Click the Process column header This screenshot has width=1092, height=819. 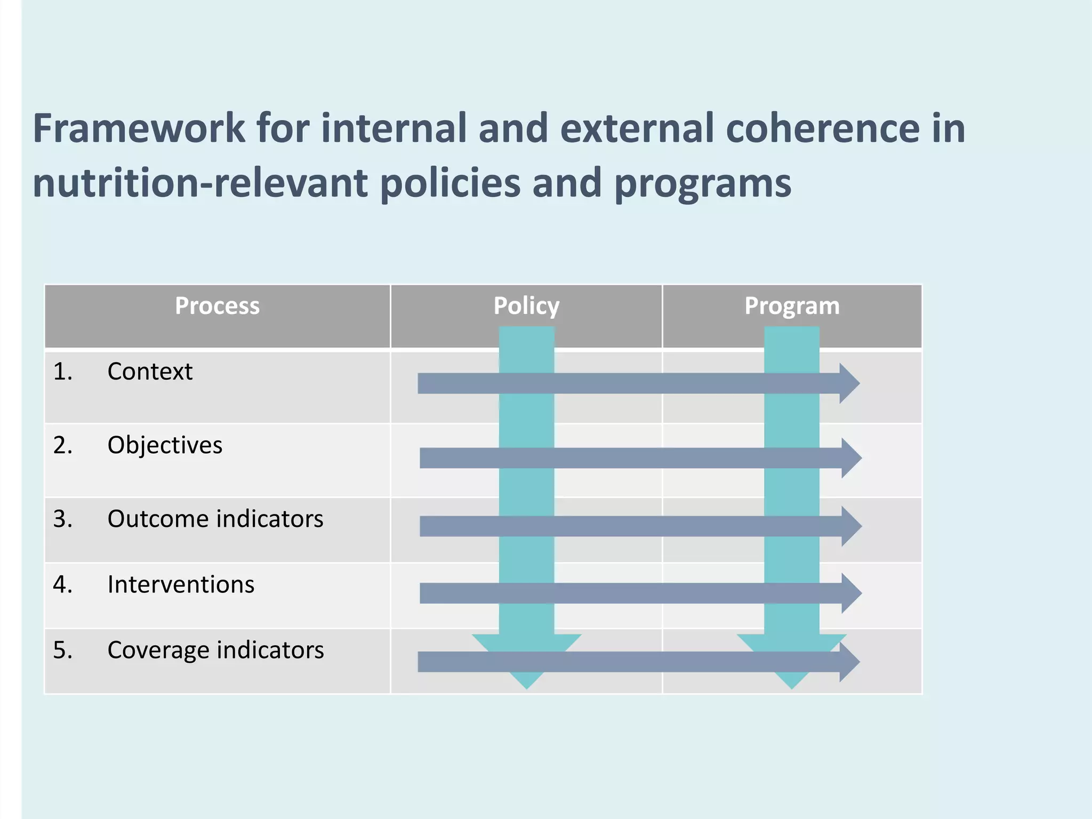tap(217, 306)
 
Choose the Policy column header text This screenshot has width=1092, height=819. tap(526, 306)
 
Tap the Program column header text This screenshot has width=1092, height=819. tap(792, 306)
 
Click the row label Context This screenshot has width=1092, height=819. tap(150, 372)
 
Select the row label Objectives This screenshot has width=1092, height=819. tap(165, 445)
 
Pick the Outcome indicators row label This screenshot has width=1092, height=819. tap(215, 519)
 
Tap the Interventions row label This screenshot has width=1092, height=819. tap(181, 584)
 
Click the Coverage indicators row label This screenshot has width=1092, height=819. tap(215, 650)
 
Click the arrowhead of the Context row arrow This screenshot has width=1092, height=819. tap(849, 383)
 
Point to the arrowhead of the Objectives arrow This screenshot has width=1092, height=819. tap(852, 458)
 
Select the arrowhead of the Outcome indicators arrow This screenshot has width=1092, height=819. tap(852, 526)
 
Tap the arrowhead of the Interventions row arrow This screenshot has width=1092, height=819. tap(852, 593)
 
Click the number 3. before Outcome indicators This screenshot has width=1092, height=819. tap(62, 519)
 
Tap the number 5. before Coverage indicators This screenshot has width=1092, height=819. tap(62, 650)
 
